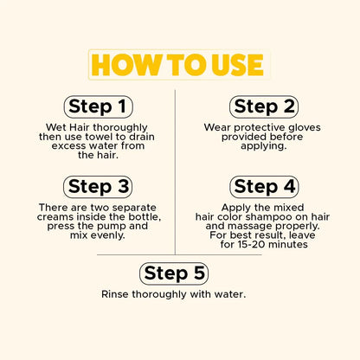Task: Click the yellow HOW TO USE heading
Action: [177, 65]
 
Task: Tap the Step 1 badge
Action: [98, 107]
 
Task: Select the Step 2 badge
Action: [264, 107]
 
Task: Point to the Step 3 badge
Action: [98, 187]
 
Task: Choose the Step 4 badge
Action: [264, 187]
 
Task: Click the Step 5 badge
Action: [174, 273]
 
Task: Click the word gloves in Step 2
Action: [303, 127]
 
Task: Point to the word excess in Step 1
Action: [67, 145]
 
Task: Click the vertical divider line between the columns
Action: [175, 172]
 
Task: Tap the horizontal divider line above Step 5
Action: [179, 254]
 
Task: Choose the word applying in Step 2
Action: [264, 146]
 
